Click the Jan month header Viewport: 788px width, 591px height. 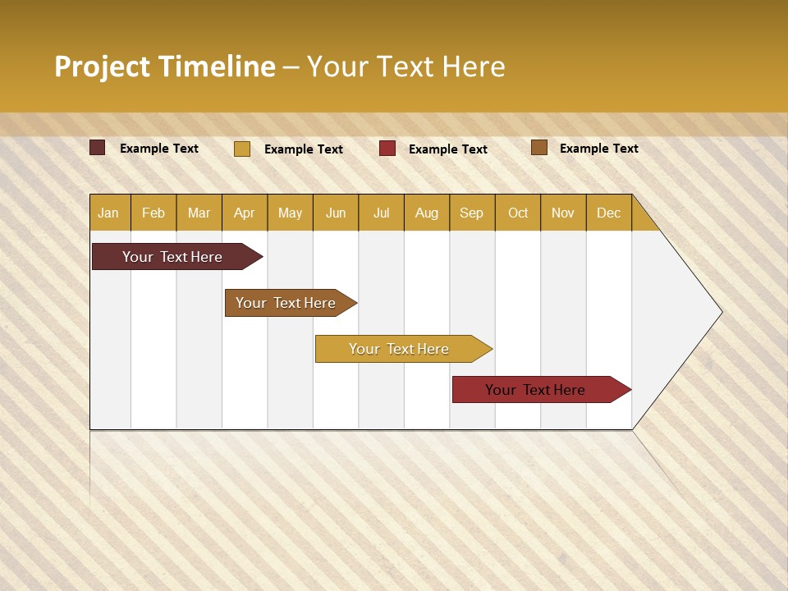109,213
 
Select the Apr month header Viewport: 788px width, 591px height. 245,213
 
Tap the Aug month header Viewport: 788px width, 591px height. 427,213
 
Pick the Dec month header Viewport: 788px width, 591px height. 608,213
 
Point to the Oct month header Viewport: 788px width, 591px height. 518,213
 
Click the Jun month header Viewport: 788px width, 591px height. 336,213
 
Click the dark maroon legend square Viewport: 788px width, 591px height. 97,148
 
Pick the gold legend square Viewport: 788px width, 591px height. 241,149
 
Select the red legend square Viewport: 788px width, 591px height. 387,149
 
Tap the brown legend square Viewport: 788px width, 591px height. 538,148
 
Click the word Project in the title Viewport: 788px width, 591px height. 102,66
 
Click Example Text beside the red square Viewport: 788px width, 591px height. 448,149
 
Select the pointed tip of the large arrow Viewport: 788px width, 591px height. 719,312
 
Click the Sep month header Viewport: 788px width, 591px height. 471,213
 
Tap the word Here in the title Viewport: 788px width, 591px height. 474,66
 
